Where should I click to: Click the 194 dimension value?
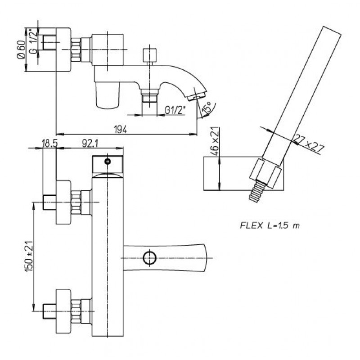[121, 130]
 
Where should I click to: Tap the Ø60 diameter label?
[21, 49]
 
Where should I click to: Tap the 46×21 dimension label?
[216, 141]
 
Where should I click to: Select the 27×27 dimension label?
[309, 144]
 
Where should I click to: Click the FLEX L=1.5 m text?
[270, 226]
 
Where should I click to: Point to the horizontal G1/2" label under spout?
[175, 111]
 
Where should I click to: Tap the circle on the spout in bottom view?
[150, 258]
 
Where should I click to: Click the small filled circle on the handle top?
[108, 162]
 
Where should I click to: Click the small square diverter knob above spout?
[149, 55]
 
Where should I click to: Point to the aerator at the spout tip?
[198, 95]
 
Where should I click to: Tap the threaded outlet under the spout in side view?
[150, 96]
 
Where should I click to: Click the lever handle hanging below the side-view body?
[108, 95]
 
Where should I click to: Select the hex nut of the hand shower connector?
[266, 173]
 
